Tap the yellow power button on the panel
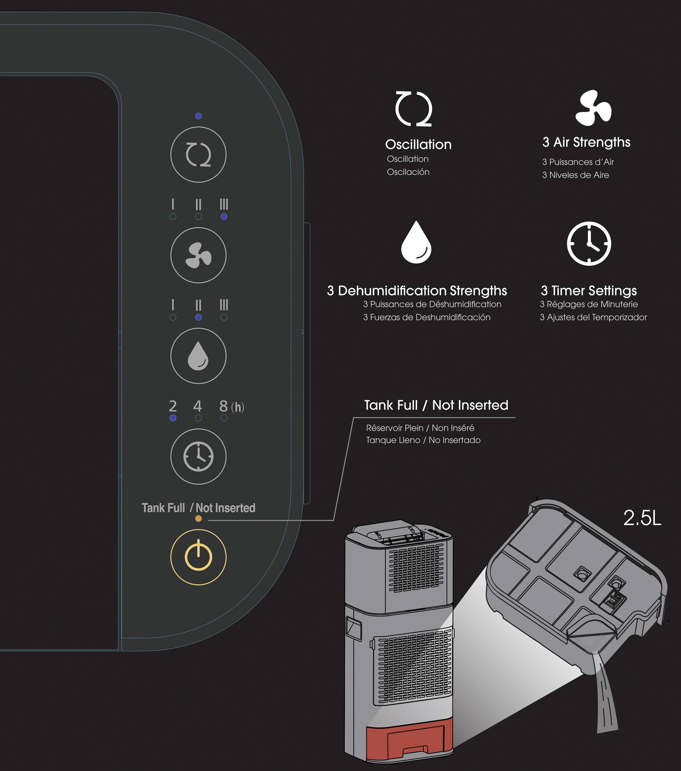pos(199,557)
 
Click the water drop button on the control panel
pos(199,356)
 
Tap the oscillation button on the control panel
pos(199,155)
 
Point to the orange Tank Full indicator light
pos(199,519)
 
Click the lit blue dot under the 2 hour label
pos(173,418)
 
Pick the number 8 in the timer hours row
pos(224,406)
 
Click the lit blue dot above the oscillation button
pos(199,116)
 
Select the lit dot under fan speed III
pos(224,217)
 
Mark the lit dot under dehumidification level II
pos(199,317)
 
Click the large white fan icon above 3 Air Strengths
pos(593,108)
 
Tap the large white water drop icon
pos(416,242)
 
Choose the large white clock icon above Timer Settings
pos(589,243)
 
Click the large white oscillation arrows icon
pos(414,109)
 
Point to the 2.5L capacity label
pos(642,518)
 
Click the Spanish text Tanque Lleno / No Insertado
pos(423,440)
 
